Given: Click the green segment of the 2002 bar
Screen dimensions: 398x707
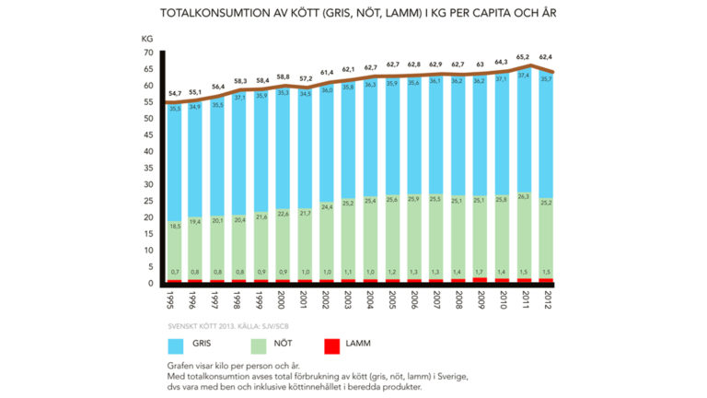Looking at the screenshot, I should (328, 244).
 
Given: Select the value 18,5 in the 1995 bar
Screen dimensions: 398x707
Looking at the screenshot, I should (175, 226).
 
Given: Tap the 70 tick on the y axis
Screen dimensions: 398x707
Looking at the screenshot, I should (147, 53).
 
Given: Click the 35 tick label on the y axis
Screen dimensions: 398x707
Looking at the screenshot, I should (147, 169).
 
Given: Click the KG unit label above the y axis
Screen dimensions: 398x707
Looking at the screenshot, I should (147, 39).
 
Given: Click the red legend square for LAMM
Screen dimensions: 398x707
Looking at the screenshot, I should (334, 347).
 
